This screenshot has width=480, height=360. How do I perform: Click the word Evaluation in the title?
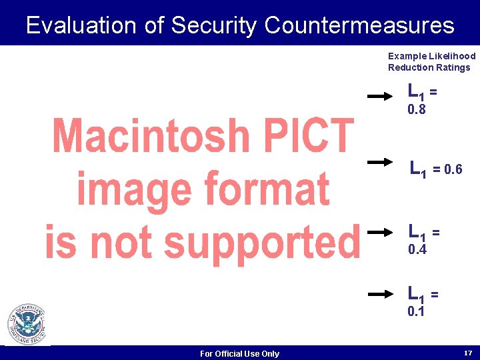click(83, 25)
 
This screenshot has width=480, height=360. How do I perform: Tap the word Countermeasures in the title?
click(359, 25)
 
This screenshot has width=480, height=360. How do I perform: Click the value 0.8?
click(417, 109)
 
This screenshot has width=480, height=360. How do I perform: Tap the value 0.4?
click(417, 249)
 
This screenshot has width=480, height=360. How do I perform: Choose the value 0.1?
click(417, 311)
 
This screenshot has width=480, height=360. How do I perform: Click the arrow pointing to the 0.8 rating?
click(381, 96)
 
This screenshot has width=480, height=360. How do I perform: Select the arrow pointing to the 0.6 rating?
click(381, 161)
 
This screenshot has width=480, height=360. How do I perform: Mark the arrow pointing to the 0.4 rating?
click(381, 232)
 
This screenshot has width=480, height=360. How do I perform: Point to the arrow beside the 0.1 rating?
click(381, 293)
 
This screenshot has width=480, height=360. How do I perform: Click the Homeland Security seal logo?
click(27, 324)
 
